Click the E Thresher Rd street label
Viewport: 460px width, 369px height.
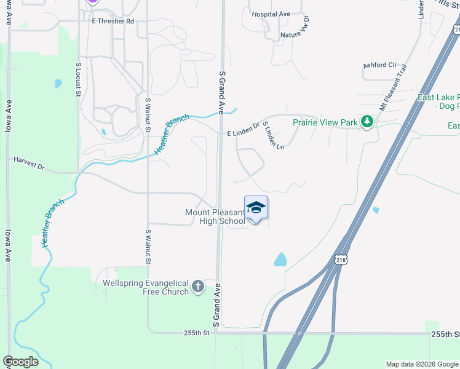[113, 21]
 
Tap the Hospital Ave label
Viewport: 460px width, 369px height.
[271, 14]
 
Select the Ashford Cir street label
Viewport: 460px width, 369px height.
[379, 65]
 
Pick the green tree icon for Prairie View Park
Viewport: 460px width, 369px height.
[367, 122]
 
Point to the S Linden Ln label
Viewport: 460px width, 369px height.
[274, 135]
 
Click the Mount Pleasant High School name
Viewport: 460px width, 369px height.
[215, 216]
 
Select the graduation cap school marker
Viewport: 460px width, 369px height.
[256, 208]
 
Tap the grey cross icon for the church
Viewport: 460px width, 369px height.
[198, 287]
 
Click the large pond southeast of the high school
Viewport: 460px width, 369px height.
[280, 259]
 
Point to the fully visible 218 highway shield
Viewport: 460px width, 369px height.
[341, 261]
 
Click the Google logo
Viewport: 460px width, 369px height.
[20, 362]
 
